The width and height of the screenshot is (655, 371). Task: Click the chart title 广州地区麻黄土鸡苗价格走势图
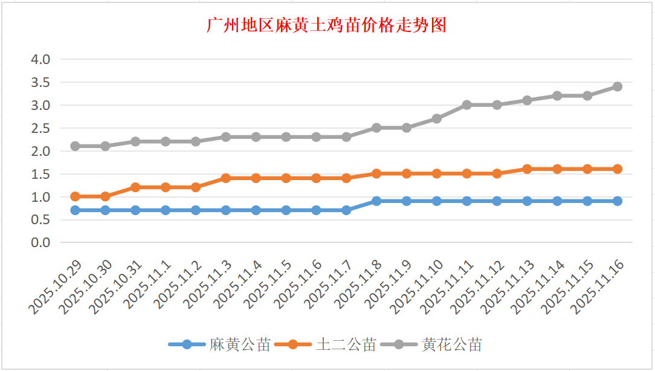[326, 25]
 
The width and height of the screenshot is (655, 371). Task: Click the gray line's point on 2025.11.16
[617, 86]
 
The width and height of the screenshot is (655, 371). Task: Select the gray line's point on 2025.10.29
[75, 146]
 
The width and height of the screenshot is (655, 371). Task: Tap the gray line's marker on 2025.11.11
[466, 105]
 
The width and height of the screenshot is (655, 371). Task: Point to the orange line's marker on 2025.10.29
[75, 196]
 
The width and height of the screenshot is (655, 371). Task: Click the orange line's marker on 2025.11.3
[225, 178]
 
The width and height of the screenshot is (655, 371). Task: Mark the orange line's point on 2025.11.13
[527, 169]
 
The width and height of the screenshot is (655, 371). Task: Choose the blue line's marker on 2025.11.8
[376, 201]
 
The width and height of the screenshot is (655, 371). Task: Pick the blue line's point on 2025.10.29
[75, 210]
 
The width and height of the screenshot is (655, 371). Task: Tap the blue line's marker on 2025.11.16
[617, 201]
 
